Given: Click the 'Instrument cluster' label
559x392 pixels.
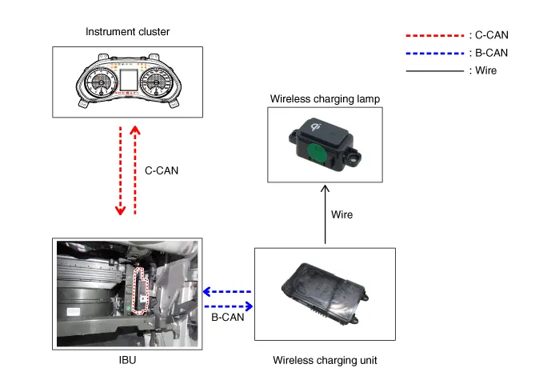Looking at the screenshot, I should coord(127,32).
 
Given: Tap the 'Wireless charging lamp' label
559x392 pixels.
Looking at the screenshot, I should coord(324,98).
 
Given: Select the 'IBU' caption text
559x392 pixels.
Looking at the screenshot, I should coord(127,360).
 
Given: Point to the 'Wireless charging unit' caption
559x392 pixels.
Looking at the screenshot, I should coord(324,360).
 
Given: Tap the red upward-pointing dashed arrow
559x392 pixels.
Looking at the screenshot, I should coord(134,170).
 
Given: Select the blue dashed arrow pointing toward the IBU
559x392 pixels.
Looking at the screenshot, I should coord(228,292).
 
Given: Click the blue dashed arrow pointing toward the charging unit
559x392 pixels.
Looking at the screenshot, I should coord(229,306).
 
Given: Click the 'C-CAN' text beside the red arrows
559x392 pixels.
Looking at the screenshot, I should coord(162,170).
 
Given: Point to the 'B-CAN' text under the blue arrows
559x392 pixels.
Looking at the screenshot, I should coord(228,318).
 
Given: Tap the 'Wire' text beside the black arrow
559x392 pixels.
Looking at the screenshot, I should coord(341,214).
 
